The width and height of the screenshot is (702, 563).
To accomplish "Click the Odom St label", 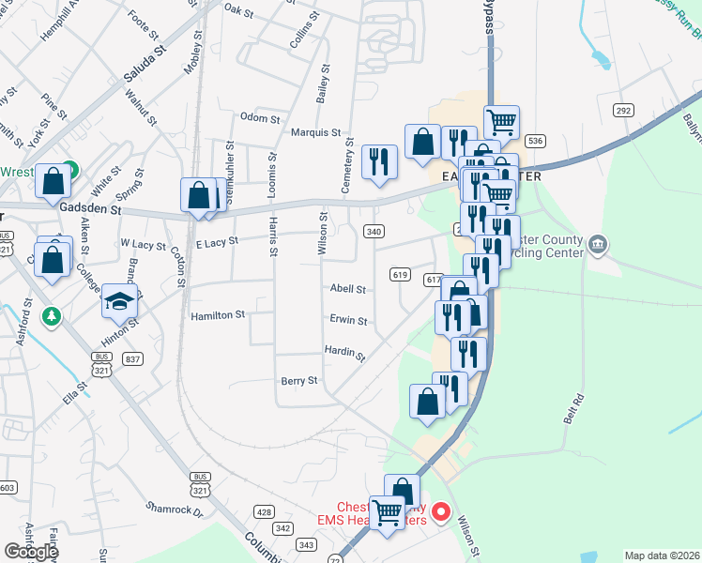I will [x=260, y=118].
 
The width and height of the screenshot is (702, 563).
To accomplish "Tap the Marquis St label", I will [x=314, y=133].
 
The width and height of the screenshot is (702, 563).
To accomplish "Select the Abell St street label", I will [x=346, y=290].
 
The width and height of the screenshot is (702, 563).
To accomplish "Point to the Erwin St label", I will [x=348, y=320].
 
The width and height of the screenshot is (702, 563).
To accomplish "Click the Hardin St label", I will [x=343, y=352].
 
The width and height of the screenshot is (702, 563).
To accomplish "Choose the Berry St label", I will [x=299, y=381].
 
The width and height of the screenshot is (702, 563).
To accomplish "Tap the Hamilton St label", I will [x=217, y=315].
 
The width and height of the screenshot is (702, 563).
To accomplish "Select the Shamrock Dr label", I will [x=174, y=510].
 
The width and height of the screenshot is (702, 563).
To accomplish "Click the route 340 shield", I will [x=374, y=231].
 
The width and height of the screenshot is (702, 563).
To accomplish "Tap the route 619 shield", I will [x=401, y=274].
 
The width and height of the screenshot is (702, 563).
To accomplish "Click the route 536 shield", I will [x=535, y=141].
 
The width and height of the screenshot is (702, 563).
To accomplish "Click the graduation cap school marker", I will [x=119, y=300].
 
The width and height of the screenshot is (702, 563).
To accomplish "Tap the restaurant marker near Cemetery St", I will [x=379, y=161].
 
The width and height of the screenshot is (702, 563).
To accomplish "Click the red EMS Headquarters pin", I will [x=440, y=514].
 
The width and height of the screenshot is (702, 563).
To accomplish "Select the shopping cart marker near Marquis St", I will [x=502, y=121].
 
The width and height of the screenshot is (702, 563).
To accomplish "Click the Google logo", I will [x=31, y=552].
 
